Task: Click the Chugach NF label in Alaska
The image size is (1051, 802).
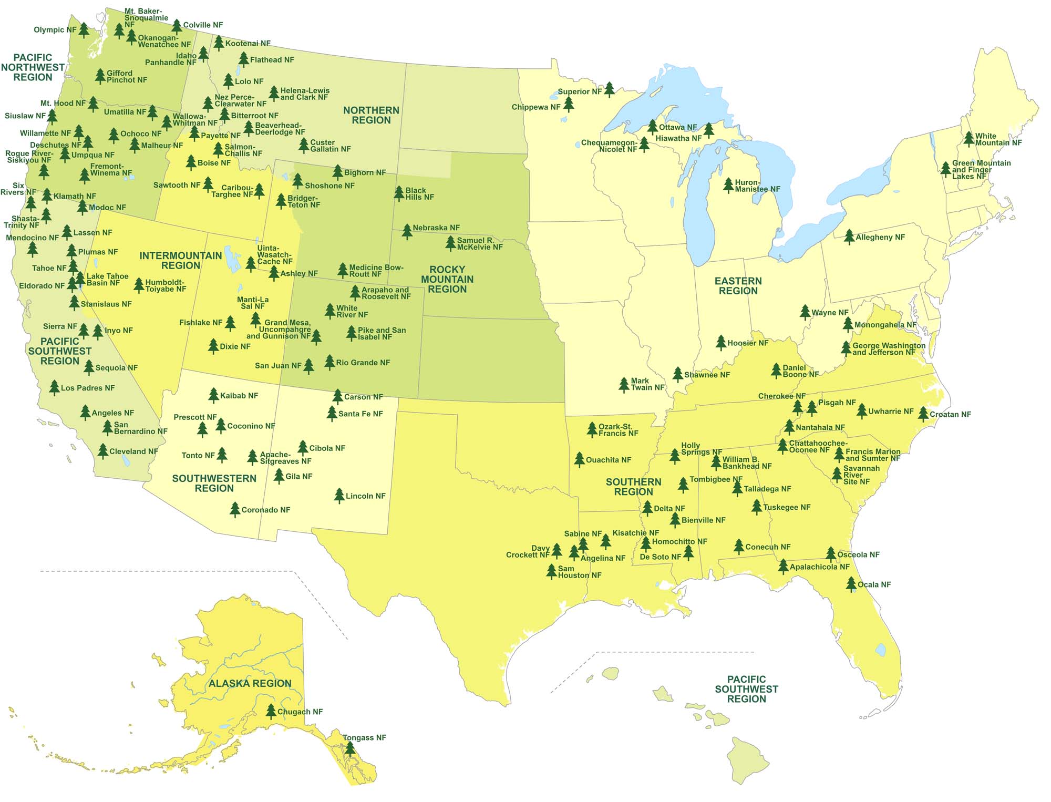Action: tap(300, 712)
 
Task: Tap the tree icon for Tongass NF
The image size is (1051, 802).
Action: tap(350, 748)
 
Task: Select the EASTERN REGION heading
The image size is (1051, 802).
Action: tap(738, 286)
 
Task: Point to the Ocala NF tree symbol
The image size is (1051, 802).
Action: tap(851, 584)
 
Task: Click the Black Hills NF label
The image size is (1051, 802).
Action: tap(419, 194)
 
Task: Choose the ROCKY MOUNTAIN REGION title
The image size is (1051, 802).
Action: tap(447, 279)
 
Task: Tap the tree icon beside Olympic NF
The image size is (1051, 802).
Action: tap(84, 30)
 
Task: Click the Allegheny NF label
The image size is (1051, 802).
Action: tap(880, 238)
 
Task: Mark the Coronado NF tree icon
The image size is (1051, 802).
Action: tap(235, 509)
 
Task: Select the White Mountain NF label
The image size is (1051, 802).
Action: tap(998, 139)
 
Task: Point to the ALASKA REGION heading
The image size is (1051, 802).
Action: tap(250, 683)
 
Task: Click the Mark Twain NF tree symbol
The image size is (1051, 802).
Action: tap(624, 385)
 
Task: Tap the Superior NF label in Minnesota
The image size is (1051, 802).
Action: tap(579, 91)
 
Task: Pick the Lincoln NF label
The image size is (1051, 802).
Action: tap(365, 496)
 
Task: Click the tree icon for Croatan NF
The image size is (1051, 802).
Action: tap(923, 414)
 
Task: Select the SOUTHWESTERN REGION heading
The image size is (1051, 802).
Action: tap(214, 483)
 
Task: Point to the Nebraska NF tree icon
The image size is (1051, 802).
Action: tap(407, 231)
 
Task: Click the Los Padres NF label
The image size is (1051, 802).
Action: tap(87, 388)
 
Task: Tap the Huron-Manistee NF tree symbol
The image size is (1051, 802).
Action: tap(728, 185)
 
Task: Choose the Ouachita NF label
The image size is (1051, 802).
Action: tap(608, 460)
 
